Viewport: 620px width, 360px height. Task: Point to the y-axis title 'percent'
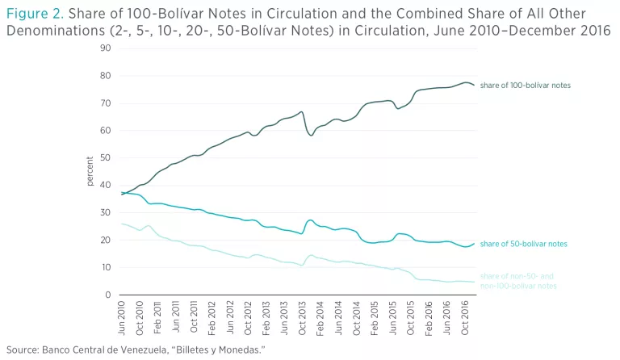click(x=90, y=171)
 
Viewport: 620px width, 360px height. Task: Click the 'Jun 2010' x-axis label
click(x=122, y=316)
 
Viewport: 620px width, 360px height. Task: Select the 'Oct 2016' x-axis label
click(x=464, y=316)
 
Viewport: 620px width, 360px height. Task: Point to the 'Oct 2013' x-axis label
click(x=302, y=316)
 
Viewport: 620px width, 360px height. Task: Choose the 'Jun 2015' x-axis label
click(x=392, y=316)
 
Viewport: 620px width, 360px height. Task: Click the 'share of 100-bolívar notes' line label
click(x=525, y=85)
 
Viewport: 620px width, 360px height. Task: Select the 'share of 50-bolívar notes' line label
click(x=522, y=244)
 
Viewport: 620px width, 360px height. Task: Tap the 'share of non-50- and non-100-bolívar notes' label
click(x=518, y=281)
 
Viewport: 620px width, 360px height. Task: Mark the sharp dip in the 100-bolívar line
click(x=312, y=134)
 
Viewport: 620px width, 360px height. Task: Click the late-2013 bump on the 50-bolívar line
click(x=311, y=220)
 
